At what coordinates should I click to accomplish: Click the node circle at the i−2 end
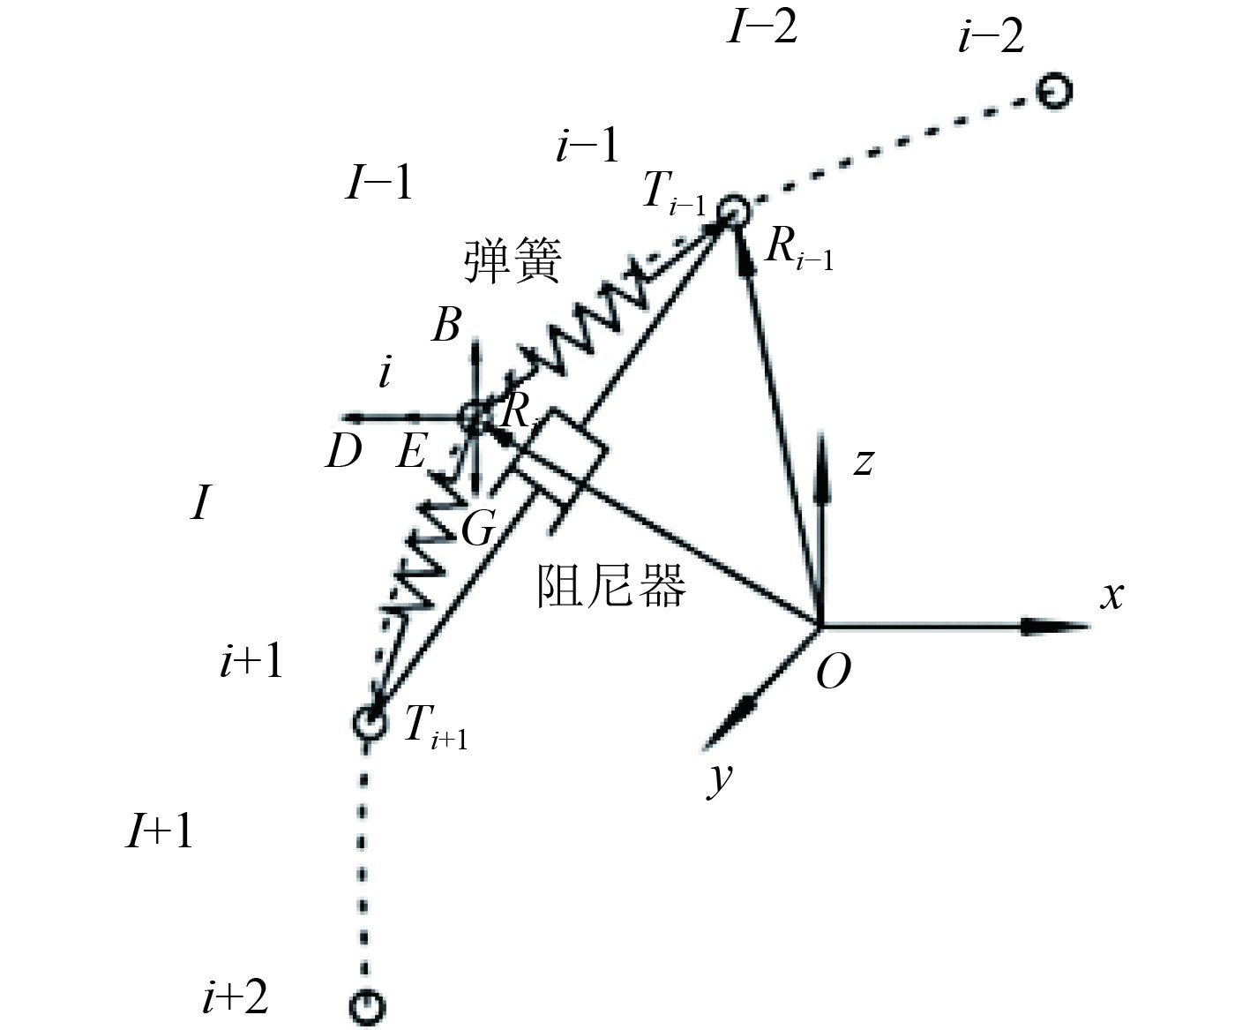1053,91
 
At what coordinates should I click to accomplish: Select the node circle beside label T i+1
369,723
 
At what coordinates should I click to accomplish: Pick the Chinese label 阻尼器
610,586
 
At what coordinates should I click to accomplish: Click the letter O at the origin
833,673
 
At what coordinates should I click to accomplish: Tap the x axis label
1112,596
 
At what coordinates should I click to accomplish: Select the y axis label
722,778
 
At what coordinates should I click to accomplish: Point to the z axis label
864,461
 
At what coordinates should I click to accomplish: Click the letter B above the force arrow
446,326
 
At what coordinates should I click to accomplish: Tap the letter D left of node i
344,453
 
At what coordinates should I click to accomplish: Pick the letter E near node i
411,453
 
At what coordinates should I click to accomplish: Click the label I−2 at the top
763,27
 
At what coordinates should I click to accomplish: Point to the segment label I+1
160,831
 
